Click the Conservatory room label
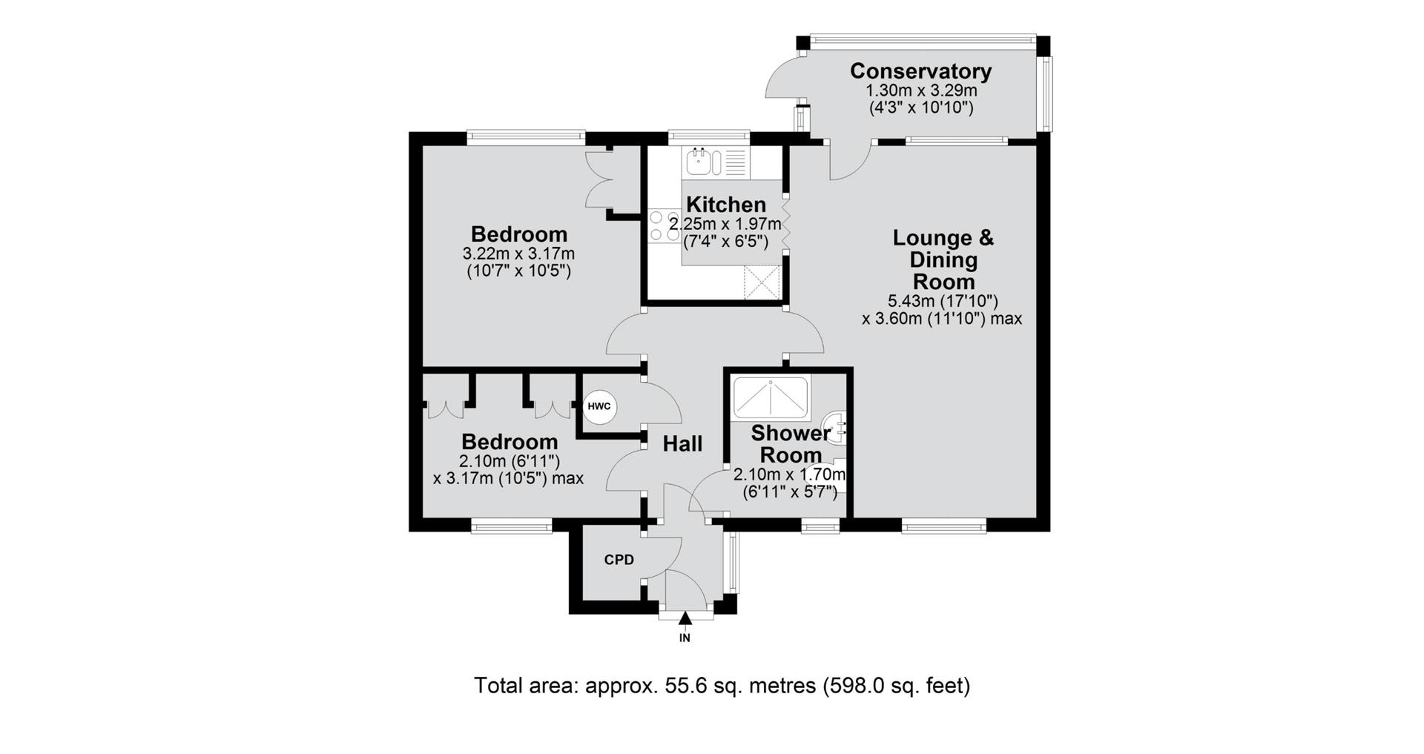click(x=920, y=71)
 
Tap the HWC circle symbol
click(x=599, y=406)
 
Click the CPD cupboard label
click(x=619, y=560)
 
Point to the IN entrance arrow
click(x=685, y=620)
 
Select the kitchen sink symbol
click(x=702, y=162)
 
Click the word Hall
click(x=682, y=444)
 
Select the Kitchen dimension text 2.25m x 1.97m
click(x=725, y=224)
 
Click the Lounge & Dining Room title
click(x=943, y=259)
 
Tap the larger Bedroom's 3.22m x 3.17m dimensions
click(x=518, y=254)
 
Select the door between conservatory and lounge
click(x=849, y=160)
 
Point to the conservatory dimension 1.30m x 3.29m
click(x=921, y=90)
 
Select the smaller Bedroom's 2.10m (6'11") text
click(x=508, y=461)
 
